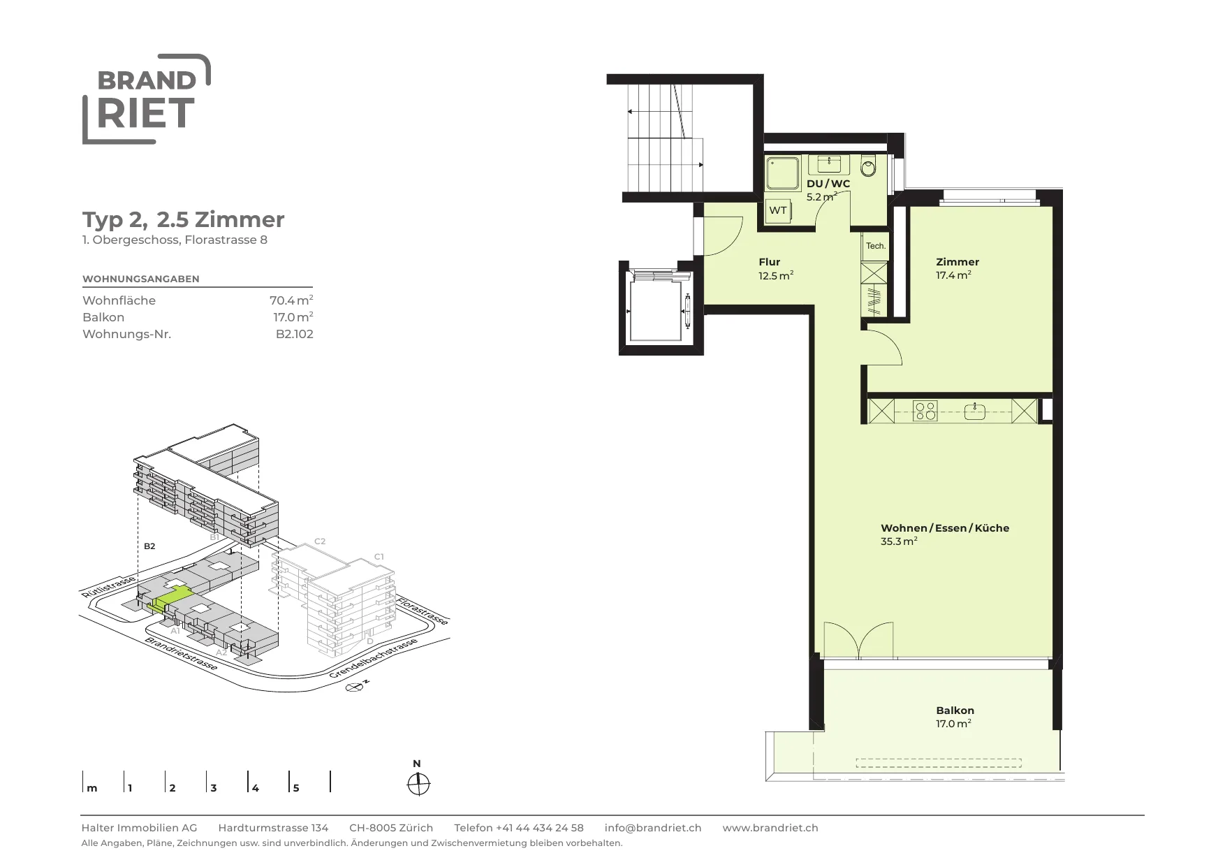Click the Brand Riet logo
[147, 99]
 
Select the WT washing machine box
[778, 210]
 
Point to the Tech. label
[876, 246]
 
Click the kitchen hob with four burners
[926, 410]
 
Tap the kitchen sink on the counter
[974, 411]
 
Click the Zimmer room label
[958, 262]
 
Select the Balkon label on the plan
[955, 711]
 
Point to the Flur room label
[769, 262]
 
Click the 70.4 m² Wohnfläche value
[291, 300]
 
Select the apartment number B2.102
[295, 334]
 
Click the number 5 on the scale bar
[296, 788]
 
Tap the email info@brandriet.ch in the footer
[653, 828]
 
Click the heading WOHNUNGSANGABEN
[141, 279]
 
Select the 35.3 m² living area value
[899, 541]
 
